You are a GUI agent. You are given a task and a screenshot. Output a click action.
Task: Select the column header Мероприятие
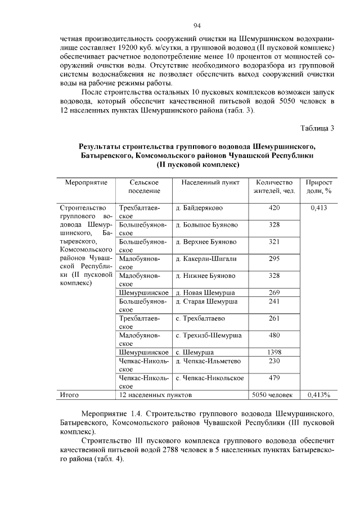click(x=86, y=183)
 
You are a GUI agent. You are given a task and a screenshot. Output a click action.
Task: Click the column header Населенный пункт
click(x=210, y=183)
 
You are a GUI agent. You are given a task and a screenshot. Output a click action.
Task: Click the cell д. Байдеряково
click(x=200, y=209)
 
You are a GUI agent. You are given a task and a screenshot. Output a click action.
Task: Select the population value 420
click(x=274, y=209)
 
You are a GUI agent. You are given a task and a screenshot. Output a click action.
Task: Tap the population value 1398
click(x=274, y=352)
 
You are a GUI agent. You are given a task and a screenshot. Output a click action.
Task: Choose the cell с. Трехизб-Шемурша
click(x=209, y=336)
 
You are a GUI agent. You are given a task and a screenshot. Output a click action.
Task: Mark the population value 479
click(x=274, y=377)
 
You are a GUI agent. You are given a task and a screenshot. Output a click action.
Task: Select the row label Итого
click(x=70, y=395)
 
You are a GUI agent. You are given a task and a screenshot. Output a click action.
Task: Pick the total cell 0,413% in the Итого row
click(x=318, y=395)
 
